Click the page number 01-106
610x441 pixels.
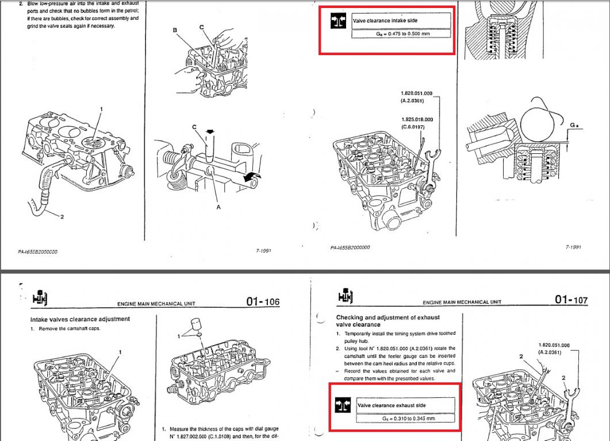pos(263,301)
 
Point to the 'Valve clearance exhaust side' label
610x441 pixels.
pos(392,405)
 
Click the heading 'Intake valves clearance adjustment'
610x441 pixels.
pos(80,319)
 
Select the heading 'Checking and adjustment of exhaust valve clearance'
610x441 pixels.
pos(388,321)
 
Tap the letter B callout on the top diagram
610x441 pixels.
pos(175,30)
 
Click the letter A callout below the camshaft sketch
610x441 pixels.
pos(218,207)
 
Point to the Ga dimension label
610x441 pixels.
pos(575,125)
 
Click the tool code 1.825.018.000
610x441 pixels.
pos(417,119)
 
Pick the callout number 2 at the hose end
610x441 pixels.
pos(62,216)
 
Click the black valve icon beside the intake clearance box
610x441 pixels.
pos(337,21)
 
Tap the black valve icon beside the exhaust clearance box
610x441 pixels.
pos(342,405)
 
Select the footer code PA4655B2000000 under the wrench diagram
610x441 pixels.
pos(350,247)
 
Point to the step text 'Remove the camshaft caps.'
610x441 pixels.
pos(69,329)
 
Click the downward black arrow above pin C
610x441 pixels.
pos(210,131)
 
